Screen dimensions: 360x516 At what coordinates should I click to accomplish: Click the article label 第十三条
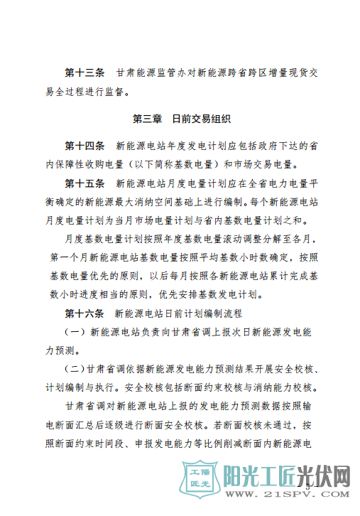84,73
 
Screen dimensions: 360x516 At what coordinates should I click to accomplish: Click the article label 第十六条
84,313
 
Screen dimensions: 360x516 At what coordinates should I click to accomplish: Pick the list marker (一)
75,331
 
